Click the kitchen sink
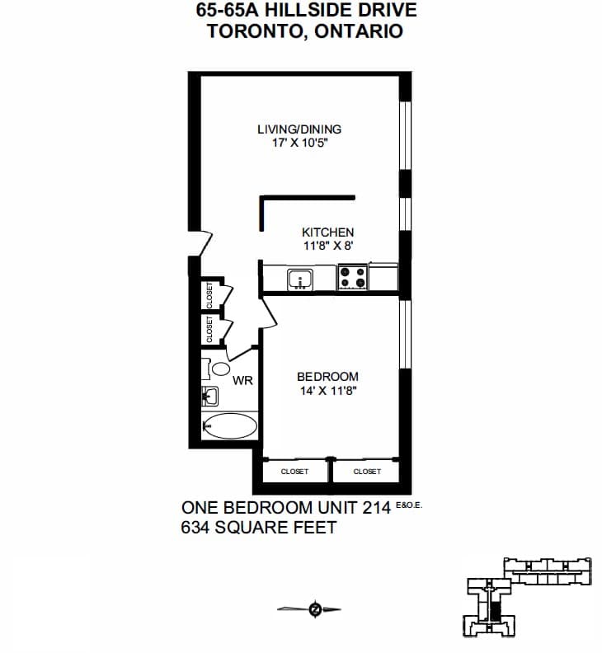point(300,279)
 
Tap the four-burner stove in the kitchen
point(352,277)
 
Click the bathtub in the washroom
point(229,425)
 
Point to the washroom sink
point(210,396)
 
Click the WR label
point(242,381)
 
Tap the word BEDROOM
point(327,377)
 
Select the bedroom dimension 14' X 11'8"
point(329,391)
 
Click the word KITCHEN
point(328,233)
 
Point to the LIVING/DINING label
point(299,129)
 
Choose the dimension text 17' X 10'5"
point(300,143)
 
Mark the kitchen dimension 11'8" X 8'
point(328,246)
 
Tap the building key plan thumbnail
point(527,597)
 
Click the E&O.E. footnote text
point(409,505)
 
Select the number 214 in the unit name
point(377,508)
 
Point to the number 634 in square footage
point(195,528)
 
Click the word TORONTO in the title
point(255,31)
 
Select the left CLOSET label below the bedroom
point(294,472)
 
